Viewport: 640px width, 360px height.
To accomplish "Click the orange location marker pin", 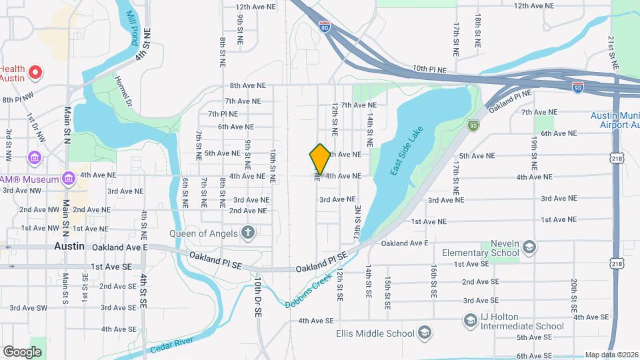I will coord(320,159).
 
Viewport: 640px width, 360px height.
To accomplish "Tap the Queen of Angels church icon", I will coord(248,232).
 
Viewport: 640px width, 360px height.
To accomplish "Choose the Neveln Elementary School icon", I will coord(529,248).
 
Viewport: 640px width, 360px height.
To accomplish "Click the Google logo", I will coord(23,351).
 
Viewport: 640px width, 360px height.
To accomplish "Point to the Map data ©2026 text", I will coord(611,355).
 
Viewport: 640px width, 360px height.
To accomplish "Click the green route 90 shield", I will coord(473,125).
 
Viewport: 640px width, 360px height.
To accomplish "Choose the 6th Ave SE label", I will coord(532,355).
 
